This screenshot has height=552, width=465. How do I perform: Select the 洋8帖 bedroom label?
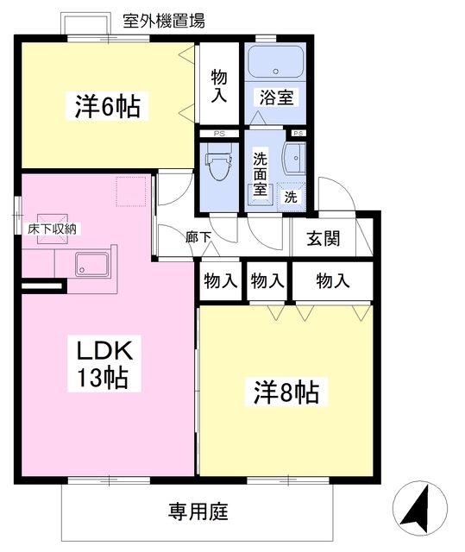point(286,392)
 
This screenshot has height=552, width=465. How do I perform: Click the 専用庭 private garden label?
point(198,512)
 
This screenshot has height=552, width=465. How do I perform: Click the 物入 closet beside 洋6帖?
point(219,85)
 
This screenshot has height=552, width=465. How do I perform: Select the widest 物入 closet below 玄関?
point(332,280)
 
